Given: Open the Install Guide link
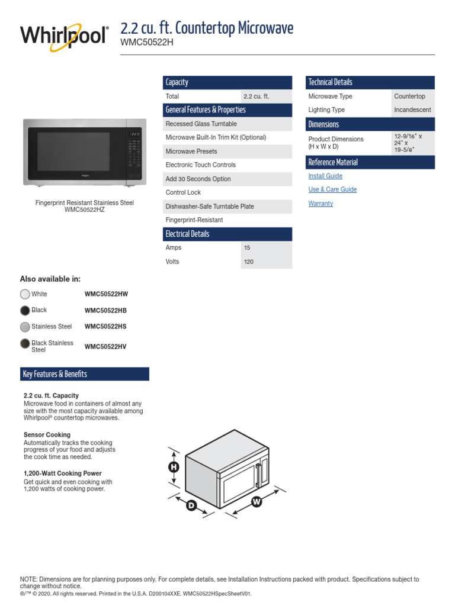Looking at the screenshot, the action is (325, 176).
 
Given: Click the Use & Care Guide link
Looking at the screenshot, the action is (332, 189).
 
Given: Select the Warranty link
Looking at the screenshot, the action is (321, 204).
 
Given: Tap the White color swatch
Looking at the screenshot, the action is (25, 294).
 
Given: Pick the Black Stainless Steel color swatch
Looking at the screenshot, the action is (25, 344).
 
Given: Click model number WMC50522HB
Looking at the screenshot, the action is (105, 311).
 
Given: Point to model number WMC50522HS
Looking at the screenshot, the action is (105, 327).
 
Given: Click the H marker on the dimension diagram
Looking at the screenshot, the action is (174, 468).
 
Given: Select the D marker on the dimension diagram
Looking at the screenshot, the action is (191, 505).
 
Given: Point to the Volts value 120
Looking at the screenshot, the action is (249, 262).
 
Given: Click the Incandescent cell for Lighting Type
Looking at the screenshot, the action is (412, 110).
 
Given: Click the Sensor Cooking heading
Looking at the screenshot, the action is (47, 435).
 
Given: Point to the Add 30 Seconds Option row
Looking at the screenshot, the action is (198, 179).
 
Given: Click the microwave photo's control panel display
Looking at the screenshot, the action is (134, 134).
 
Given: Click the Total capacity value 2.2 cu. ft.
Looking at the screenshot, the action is (256, 96).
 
